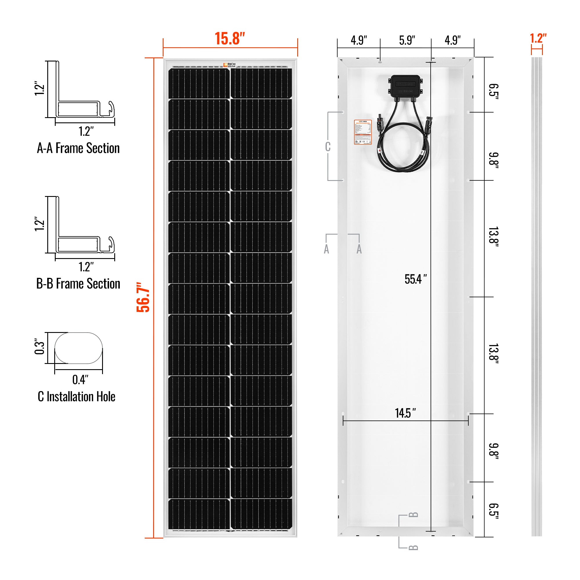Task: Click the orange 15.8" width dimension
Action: tap(230, 39)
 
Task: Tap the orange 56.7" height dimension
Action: tap(143, 297)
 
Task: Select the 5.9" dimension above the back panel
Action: tap(407, 41)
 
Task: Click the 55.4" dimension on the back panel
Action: tap(415, 279)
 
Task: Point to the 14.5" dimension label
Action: tap(405, 413)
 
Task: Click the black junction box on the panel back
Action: tap(406, 86)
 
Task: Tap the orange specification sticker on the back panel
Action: tap(363, 132)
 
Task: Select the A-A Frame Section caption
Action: tap(78, 148)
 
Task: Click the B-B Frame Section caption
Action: tap(78, 284)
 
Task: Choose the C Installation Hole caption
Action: tap(77, 396)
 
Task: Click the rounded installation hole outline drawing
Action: tap(78, 348)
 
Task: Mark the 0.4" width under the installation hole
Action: tap(80, 380)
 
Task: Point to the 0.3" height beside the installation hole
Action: tap(40, 347)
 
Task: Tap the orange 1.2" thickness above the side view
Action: tap(538, 39)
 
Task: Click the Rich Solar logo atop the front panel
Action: tap(229, 65)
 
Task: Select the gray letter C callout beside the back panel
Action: tap(327, 147)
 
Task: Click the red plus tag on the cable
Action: tap(380, 150)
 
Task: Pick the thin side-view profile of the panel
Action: tap(536, 297)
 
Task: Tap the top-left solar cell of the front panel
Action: tap(199, 83)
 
